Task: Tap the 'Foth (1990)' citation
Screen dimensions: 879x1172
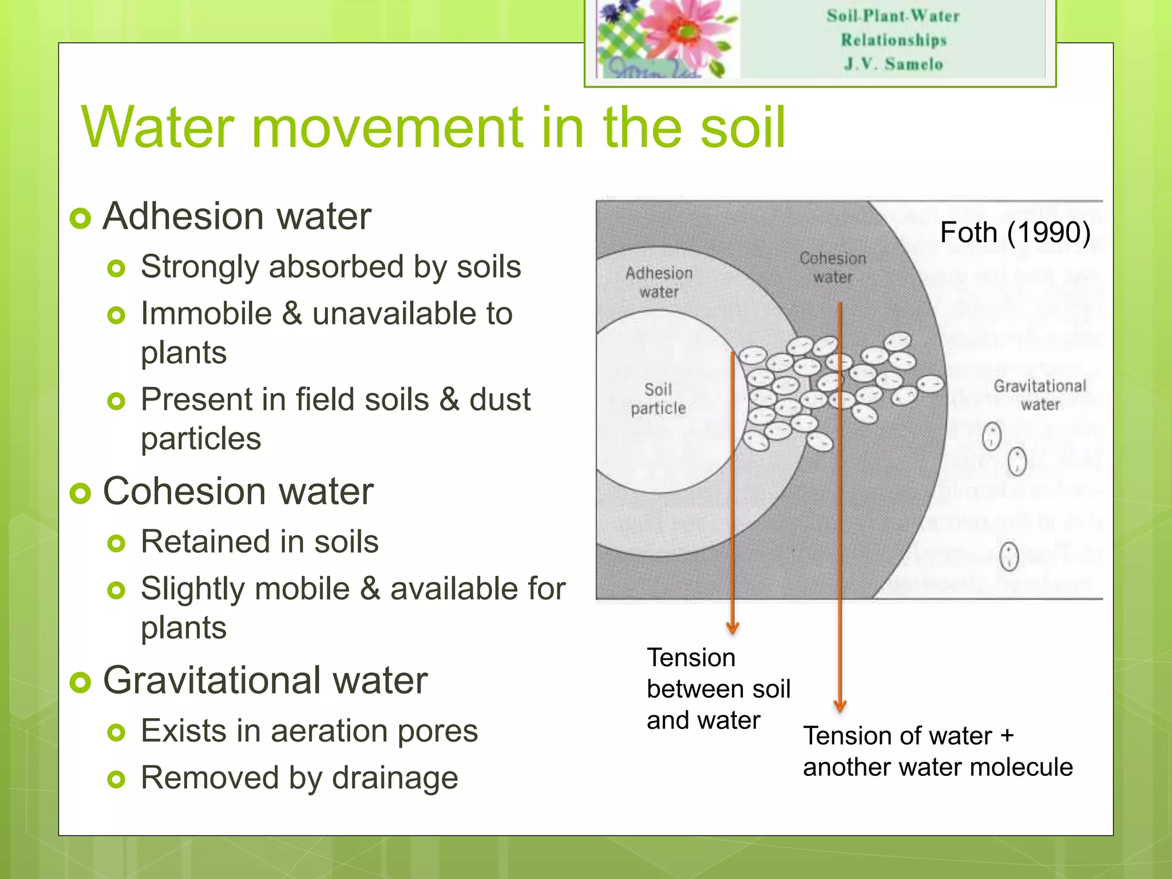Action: click(1015, 232)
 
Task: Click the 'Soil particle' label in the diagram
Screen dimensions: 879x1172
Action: click(658, 399)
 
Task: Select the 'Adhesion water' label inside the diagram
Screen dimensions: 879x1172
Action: click(659, 282)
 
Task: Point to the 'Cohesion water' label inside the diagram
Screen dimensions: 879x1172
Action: click(833, 267)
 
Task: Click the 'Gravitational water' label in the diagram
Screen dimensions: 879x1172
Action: click(1040, 395)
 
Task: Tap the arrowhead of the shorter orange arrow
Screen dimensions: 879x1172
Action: click(732, 628)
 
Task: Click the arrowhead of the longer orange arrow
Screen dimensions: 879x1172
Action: click(840, 706)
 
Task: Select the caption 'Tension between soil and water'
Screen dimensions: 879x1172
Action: click(718, 689)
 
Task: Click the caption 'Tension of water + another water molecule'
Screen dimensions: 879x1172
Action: click(937, 751)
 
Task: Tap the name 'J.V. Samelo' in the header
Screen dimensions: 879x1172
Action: click(893, 64)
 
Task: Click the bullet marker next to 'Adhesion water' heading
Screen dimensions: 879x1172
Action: click(81, 218)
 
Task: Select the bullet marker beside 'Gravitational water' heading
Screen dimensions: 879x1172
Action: click(81, 682)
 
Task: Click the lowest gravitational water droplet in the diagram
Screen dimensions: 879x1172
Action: click(1009, 556)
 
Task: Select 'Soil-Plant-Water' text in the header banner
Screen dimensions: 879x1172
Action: click(893, 16)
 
